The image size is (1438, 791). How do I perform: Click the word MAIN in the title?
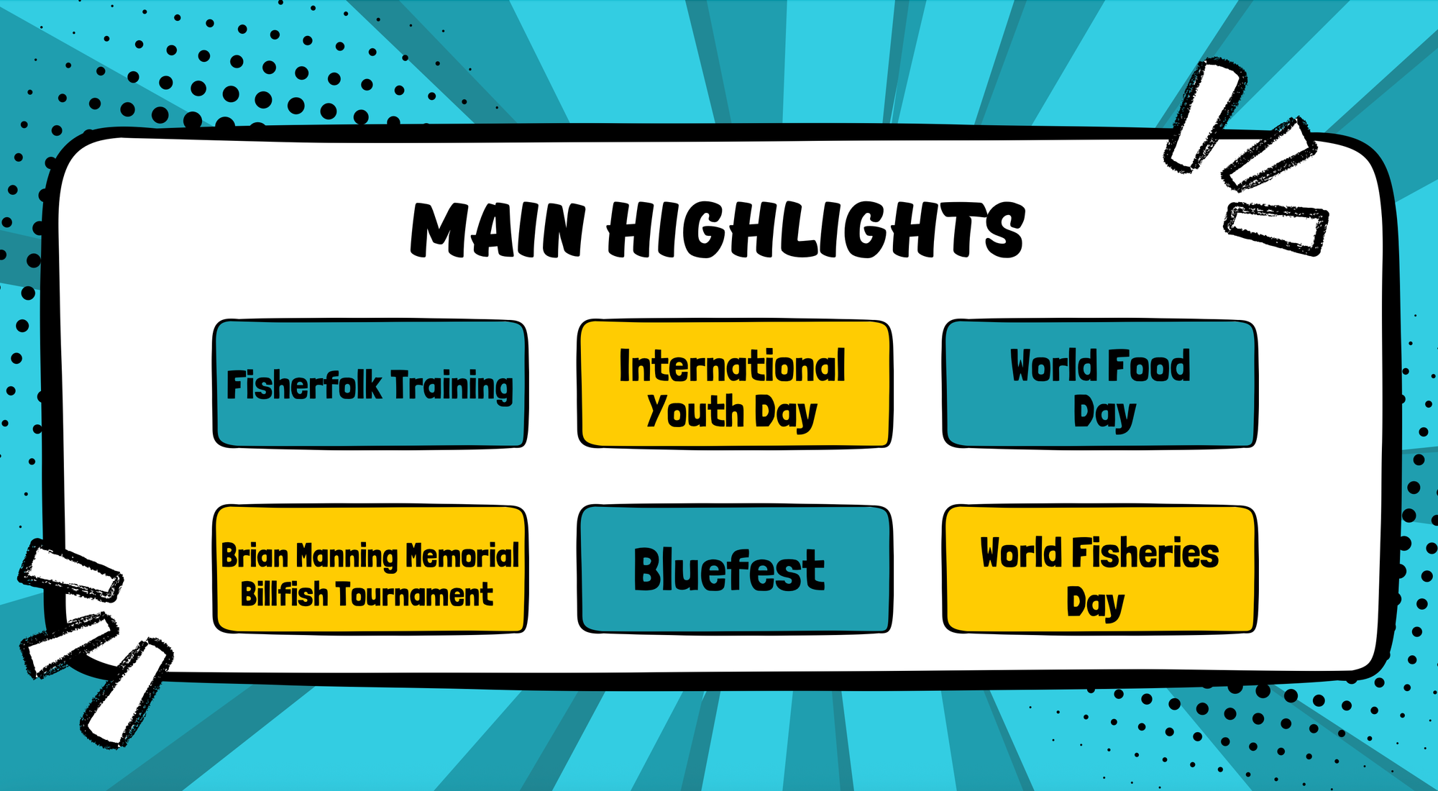(498, 230)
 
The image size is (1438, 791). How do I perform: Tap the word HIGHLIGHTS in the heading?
(816, 230)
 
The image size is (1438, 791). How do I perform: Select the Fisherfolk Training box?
(370, 384)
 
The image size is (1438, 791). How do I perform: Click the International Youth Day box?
(735, 384)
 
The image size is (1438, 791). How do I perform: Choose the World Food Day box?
(1100, 384)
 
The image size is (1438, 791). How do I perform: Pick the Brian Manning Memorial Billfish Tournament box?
(370, 569)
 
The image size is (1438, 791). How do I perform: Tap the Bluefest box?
(735, 569)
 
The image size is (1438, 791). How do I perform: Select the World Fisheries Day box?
(1100, 569)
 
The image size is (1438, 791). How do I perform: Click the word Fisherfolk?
(304, 385)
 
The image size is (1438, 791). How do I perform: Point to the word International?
(733, 366)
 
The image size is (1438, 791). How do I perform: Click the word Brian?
(255, 556)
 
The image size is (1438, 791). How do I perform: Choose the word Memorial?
(462, 556)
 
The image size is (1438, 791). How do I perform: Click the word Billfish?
(284, 595)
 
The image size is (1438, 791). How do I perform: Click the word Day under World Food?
(1104, 413)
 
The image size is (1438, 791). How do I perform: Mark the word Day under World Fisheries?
(1095, 603)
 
